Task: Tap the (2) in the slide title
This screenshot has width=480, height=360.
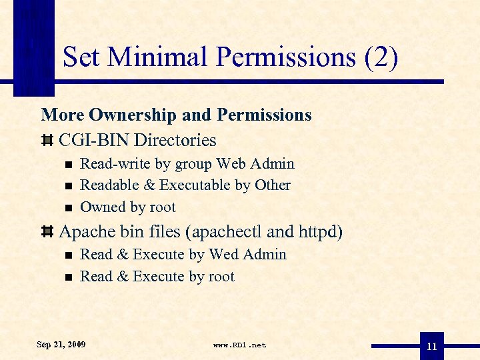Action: click(x=381, y=57)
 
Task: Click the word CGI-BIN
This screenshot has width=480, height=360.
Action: click(x=94, y=140)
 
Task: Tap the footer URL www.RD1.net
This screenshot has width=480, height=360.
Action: click(x=239, y=345)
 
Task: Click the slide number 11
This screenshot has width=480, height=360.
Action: click(x=432, y=347)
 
